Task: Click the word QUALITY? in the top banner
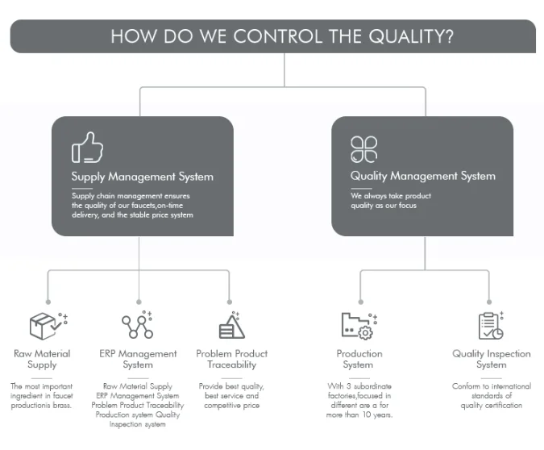pyautogui.click(x=411, y=36)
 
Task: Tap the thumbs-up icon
pyautogui.click(x=87, y=148)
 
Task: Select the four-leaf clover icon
pyautogui.click(x=364, y=149)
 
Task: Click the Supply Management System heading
pyautogui.click(x=142, y=177)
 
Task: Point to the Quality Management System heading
pyautogui.click(x=423, y=176)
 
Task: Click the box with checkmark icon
pyautogui.click(x=48, y=326)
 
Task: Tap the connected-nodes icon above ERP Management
pyautogui.click(x=138, y=325)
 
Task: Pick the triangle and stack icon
pyautogui.click(x=232, y=325)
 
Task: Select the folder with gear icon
pyautogui.click(x=359, y=326)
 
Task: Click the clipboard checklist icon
pyautogui.click(x=491, y=325)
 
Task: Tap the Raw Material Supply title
pyautogui.click(x=42, y=359)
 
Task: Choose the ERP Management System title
pyautogui.click(x=138, y=359)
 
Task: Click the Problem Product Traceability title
pyautogui.click(x=232, y=359)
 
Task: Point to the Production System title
pyautogui.click(x=359, y=359)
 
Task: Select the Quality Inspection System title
pyautogui.click(x=492, y=359)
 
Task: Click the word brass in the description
pyautogui.click(x=62, y=405)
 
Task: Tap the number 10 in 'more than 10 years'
pyautogui.click(x=367, y=415)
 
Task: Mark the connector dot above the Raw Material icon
pyautogui.click(x=48, y=302)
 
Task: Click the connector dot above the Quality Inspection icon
pyautogui.click(x=489, y=302)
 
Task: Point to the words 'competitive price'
pyautogui.click(x=232, y=406)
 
